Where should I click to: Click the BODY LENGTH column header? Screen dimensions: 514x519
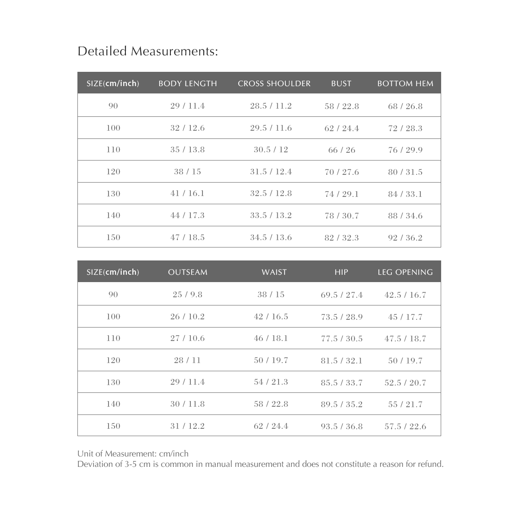click(x=188, y=84)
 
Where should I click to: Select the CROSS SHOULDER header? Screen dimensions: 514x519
click(x=274, y=84)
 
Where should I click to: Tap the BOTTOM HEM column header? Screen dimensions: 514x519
click(x=405, y=84)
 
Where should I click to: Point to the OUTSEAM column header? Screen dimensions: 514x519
click(x=188, y=272)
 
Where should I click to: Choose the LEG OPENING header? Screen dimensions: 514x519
click(x=405, y=272)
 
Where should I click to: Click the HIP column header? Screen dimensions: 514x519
click(x=341, y=272)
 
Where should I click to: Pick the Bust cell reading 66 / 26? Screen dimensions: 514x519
click(x=342, y=150)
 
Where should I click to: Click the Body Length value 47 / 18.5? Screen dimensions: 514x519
click(x=188, y=238)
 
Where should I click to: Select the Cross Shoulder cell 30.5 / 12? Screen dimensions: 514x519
click(x=271, y=150)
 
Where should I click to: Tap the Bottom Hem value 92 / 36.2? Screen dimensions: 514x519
click(x=405, y=238)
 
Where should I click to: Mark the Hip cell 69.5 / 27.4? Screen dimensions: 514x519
click(x=342, y=295)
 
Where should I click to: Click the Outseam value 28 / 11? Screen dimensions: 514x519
click(x=188, y=360)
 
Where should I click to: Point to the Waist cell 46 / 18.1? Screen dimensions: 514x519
click(x=271, y=338)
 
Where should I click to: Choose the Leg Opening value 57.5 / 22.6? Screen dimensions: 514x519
click(x=405, y=426)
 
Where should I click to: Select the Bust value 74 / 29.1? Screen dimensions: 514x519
click(x=342, y=194)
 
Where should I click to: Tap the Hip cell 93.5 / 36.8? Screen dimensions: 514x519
click(x=342, y=426)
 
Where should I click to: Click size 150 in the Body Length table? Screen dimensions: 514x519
click(x=113, y=238)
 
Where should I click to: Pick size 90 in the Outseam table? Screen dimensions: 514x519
click(x=113, y=295)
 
